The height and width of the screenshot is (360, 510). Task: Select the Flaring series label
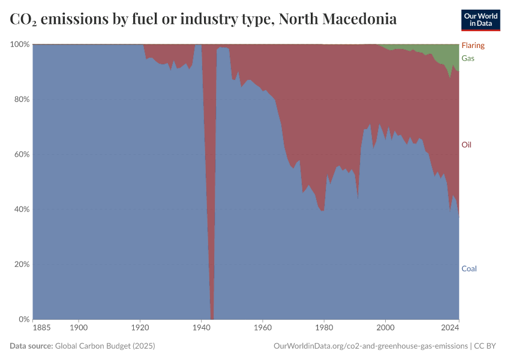click(473, 46)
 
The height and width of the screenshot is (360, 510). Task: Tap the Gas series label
click(467, 58)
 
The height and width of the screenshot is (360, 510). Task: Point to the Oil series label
click(466, 145)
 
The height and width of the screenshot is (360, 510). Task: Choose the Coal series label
click(469, 268)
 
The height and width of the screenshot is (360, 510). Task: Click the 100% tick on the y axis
click(20, 44)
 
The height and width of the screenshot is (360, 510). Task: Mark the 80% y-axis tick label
click(22, 99)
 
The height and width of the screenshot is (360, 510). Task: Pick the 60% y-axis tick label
click(22, 154)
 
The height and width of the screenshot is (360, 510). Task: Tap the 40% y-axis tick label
click(22, 209)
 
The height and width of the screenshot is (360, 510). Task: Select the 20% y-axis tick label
click(22, 264)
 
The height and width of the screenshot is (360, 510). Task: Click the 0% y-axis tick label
click(23, 319)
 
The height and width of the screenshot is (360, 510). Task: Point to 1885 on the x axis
click(42, 328)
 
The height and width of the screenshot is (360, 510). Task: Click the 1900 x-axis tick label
click(79, 328)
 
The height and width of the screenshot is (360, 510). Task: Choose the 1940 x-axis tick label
click(202, 328)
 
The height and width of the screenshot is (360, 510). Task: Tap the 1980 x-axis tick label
click(324, 328)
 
